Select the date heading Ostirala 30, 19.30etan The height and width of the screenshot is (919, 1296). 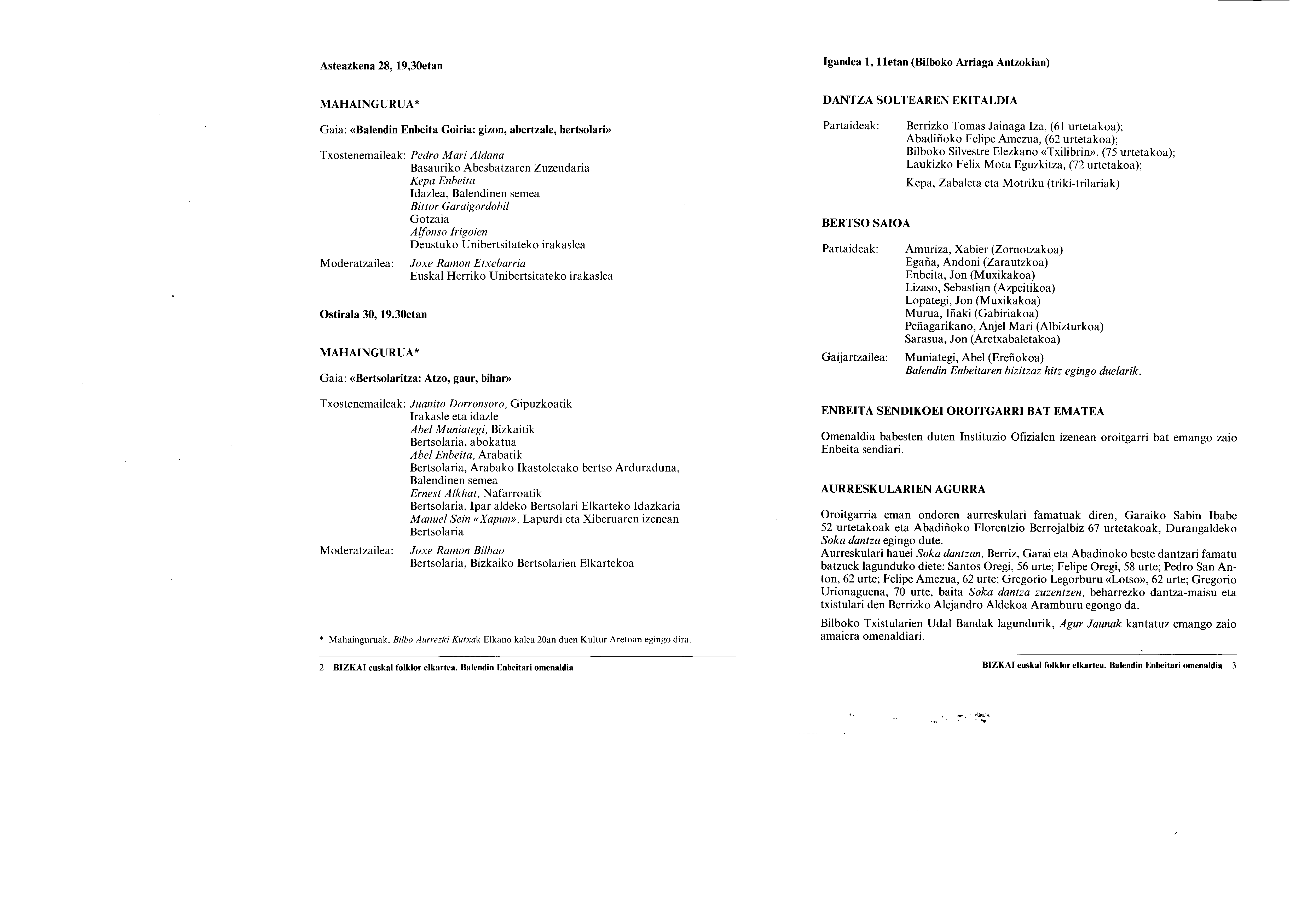(x=373, y=315)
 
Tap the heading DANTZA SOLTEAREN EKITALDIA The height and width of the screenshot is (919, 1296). (x=919, y=101)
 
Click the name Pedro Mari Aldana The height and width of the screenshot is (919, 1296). (x=457, y=155)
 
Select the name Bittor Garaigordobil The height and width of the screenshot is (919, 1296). (x=459, y=207)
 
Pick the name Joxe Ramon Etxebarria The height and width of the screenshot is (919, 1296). (x=468, y=264)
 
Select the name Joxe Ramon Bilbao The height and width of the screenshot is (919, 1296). (x=457, y=551)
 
